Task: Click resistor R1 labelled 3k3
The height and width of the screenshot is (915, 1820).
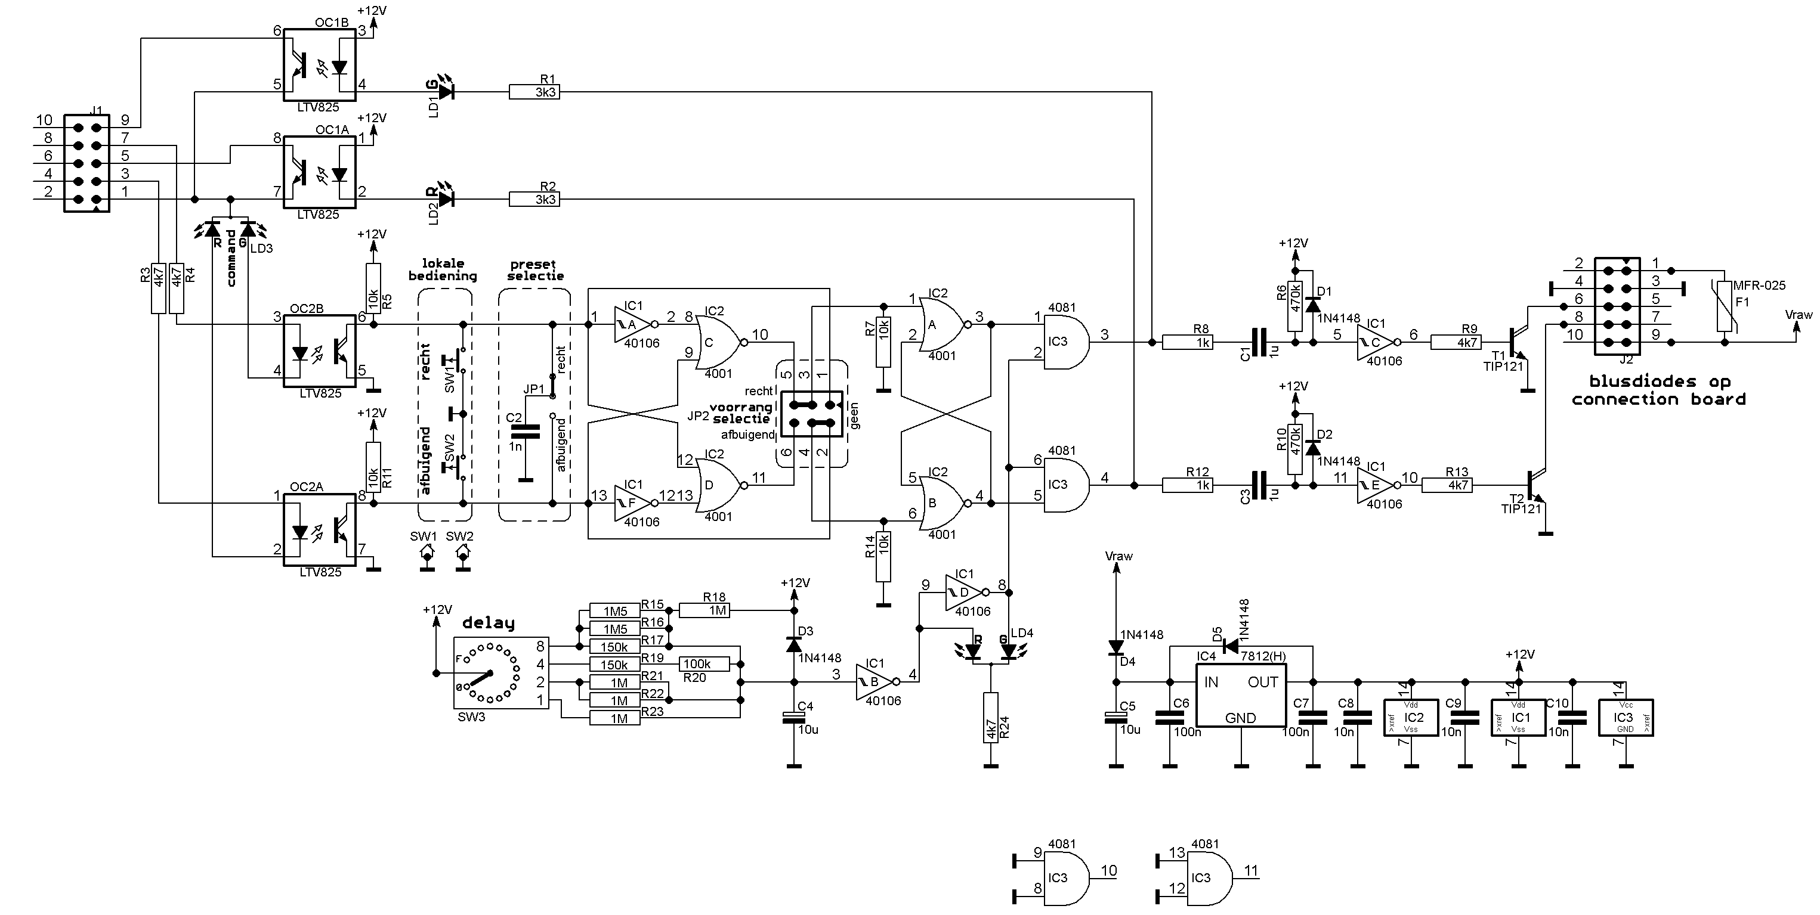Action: pos(534,91)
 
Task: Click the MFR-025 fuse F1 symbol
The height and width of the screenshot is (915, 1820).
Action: pos(1725,306)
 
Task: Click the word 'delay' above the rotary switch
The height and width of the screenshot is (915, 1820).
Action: pos(488,623)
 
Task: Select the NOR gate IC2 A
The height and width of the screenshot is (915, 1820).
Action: pos(942,324)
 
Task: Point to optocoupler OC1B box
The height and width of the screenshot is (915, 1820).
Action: pos(319,64)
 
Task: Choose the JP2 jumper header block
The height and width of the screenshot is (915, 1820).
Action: pos(812,414)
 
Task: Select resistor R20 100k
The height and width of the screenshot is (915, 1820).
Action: pos(704,663)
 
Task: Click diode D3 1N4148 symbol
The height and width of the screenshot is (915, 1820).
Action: pos(793,644)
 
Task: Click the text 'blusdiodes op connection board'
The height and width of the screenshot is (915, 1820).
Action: pos(1659,390)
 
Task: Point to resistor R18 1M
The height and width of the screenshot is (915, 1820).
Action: pos(704,610)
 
